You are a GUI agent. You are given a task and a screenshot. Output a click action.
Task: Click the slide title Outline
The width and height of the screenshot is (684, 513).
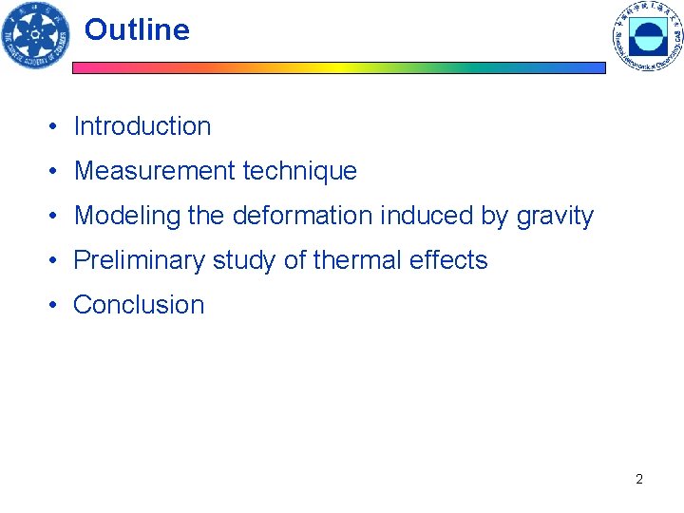click(137, 30)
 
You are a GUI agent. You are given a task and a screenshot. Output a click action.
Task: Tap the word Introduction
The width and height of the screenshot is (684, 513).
click(142, 126)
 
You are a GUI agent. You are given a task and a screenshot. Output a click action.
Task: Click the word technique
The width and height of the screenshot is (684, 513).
click(299, 171)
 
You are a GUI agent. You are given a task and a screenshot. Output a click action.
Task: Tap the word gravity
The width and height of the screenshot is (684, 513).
click(555, 217)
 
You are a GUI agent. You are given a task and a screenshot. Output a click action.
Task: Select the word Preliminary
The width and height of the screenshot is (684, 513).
click(139, 260)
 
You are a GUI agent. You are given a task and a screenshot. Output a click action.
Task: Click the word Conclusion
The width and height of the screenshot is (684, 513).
click(139, 305)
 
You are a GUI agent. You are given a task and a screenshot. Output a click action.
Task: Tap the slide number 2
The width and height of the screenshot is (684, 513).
click(639, 479)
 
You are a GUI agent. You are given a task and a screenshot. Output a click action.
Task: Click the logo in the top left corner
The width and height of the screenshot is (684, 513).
click(36, 36)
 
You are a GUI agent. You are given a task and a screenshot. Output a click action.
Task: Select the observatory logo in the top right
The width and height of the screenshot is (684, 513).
click(648, 36)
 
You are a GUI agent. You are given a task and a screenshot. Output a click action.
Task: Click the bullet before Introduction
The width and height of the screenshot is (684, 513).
click(58, 127)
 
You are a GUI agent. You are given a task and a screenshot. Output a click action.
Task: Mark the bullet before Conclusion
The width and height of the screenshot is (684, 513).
click(58, 306)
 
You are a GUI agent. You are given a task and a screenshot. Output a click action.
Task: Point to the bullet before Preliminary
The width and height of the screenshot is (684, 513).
click(58, 261)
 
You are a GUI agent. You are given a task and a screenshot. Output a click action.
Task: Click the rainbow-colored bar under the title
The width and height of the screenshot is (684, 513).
click(339, 68)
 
